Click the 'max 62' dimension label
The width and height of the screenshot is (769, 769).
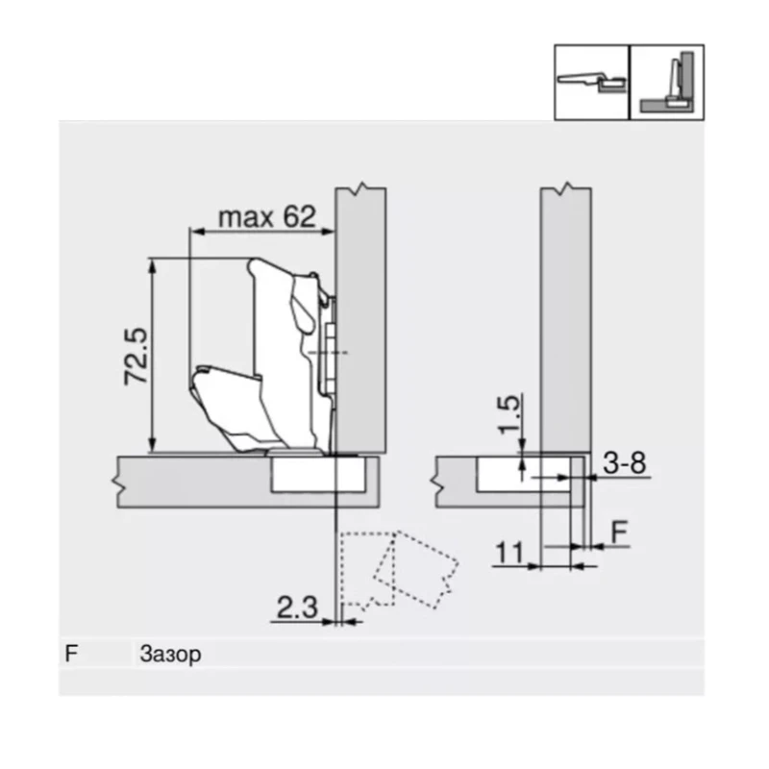pos(266,216)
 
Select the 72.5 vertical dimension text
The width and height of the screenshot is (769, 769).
pos(134,356)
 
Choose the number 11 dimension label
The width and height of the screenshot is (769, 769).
pos(510,552)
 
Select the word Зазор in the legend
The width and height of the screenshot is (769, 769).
pos(170,655)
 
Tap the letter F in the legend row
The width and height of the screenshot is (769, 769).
pos(70,655)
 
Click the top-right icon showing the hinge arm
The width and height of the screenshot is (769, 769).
pos(591,82)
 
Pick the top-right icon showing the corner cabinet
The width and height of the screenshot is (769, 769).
pos(666,82)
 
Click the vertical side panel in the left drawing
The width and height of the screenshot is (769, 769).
pos(360,317)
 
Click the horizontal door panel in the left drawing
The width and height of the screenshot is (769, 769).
pos(192,481)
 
